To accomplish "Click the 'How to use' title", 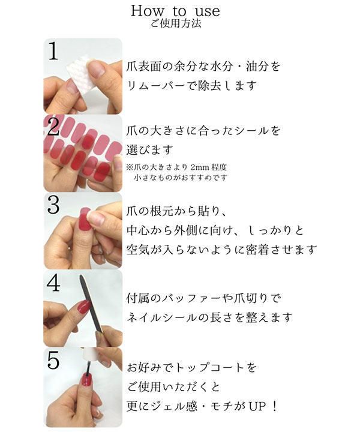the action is pos(175,11).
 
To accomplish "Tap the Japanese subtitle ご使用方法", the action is pos(175,23).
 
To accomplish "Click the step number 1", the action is pos(53,51).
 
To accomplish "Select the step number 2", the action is pos(53,126).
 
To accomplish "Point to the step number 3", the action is pos(53,205).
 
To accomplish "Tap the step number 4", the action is pos(53,283).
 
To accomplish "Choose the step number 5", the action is pos(53,361).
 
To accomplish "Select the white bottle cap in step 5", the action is pos(91,355).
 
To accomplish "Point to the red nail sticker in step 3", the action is pos(85,220).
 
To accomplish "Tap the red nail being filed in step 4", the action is pos(83,307).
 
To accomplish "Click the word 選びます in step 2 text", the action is pos(149,149).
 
